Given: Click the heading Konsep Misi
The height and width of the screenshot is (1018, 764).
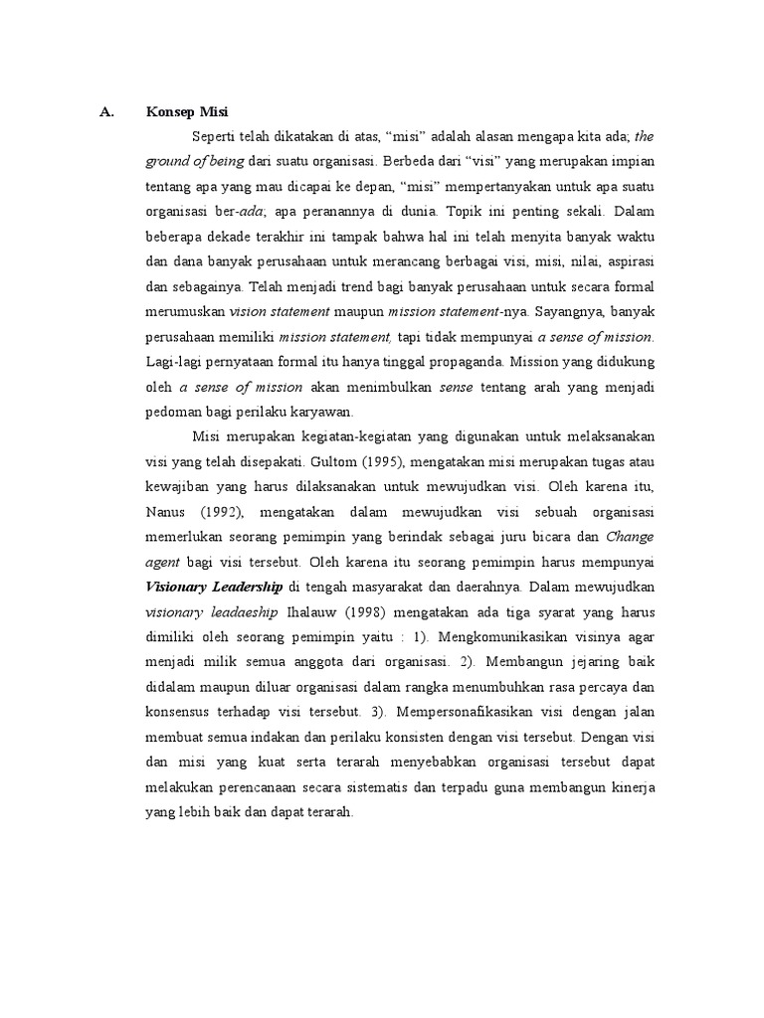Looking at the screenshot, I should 187,110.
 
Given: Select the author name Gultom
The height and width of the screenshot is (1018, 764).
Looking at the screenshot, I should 339,462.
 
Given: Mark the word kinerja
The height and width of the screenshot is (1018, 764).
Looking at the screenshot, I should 634,787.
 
